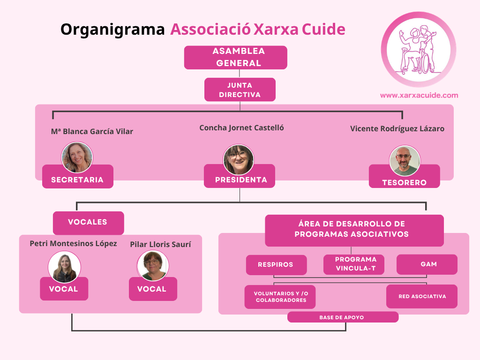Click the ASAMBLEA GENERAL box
click(235, 58)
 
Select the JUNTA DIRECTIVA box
click(240, 90)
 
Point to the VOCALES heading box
click(89, 223)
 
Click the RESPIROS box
click(276, 265)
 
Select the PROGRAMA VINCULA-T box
click(354, 264)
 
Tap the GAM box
click(427, 264)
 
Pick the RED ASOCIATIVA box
click(422, 296)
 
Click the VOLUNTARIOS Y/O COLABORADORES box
click(280, 297)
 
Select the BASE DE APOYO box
click(343, 317)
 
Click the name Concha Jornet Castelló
click(241, 128)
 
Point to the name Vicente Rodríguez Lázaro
click(397, 128)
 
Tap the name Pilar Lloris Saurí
click(160, 244)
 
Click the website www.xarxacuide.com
click(419, 95)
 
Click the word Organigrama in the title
click(112, 30)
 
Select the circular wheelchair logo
click(419, 50)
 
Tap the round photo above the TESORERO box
click(405, 160)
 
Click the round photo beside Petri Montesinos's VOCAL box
click(64, 267)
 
